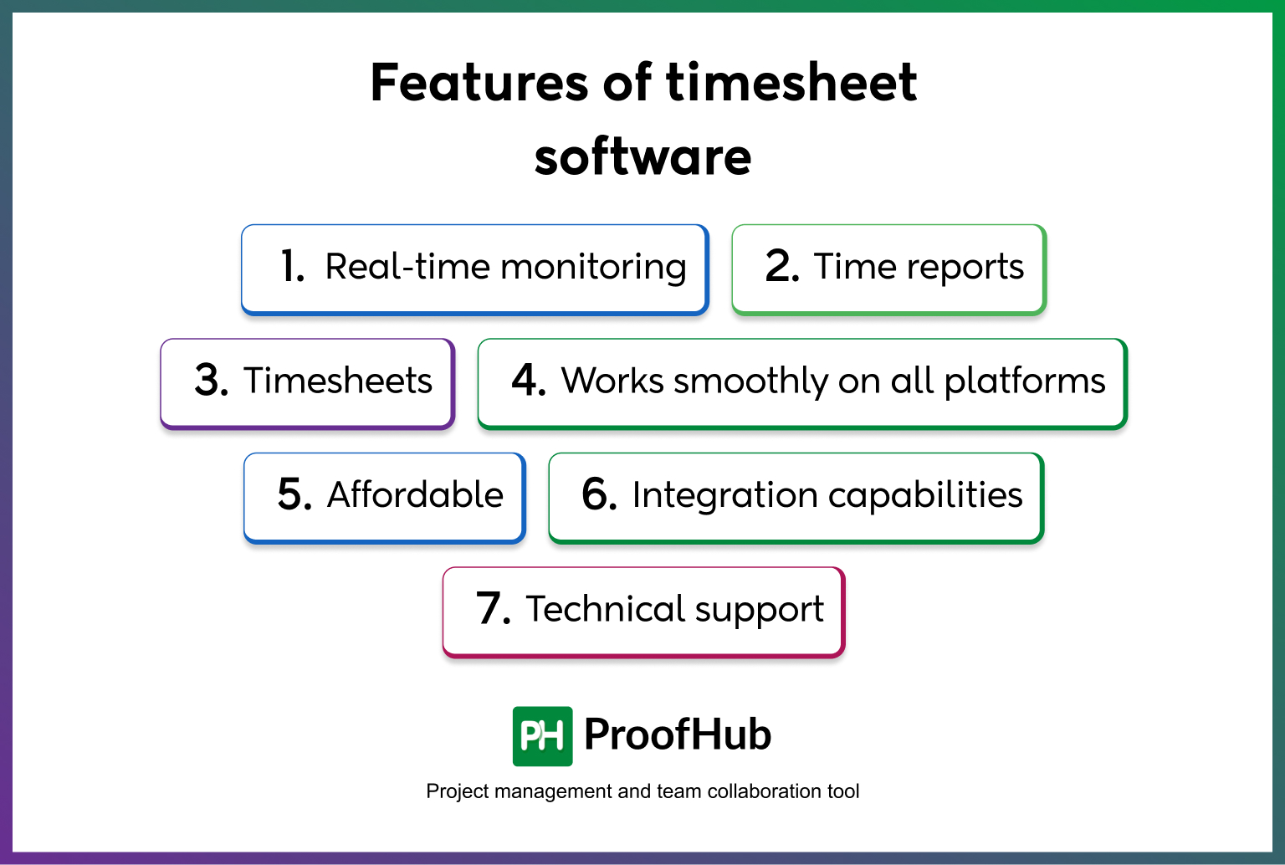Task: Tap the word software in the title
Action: (642, 157)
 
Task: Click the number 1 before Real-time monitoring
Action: (292, 267)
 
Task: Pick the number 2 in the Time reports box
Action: (781, 267)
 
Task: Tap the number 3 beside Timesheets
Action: (211, 381)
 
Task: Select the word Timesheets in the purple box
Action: (338, 381)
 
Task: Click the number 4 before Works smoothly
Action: (528, 381)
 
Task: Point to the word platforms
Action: (1025, 382)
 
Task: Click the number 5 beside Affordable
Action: (294, 494)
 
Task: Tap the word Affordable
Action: (415, 494)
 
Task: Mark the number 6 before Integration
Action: (598, 494)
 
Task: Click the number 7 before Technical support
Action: (492, 609)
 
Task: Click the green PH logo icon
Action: (542, 736)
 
